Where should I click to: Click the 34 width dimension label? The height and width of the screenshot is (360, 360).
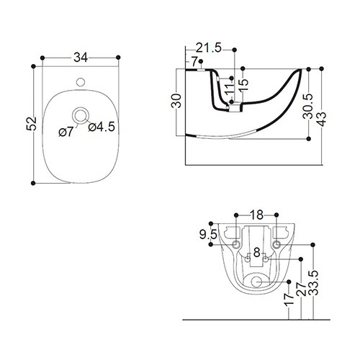81,58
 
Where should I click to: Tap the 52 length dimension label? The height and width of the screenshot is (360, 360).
32,124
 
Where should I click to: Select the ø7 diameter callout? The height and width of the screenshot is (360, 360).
66,132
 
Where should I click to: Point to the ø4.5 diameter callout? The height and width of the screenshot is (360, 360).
102,127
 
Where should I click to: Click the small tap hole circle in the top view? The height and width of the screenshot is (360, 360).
81,82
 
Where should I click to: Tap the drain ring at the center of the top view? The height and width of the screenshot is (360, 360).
81,116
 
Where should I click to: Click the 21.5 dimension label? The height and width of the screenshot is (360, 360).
209,48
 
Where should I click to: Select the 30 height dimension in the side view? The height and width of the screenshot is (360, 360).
176,101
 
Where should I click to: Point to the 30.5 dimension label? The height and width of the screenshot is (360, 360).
308,107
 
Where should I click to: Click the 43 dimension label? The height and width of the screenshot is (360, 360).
321,119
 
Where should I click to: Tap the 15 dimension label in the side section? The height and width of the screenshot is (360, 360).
243,85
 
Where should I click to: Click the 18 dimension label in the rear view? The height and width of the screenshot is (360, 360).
256,215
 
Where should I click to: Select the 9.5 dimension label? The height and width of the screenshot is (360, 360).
208,234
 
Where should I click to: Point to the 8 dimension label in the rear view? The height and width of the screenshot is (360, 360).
257,253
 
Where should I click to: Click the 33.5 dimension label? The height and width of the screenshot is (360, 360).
313,282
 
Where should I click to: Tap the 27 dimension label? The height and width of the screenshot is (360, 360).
302,289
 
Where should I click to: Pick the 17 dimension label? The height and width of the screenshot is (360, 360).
289,300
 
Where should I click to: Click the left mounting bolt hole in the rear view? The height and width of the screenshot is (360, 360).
236,244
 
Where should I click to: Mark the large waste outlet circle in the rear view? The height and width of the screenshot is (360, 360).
256,282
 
